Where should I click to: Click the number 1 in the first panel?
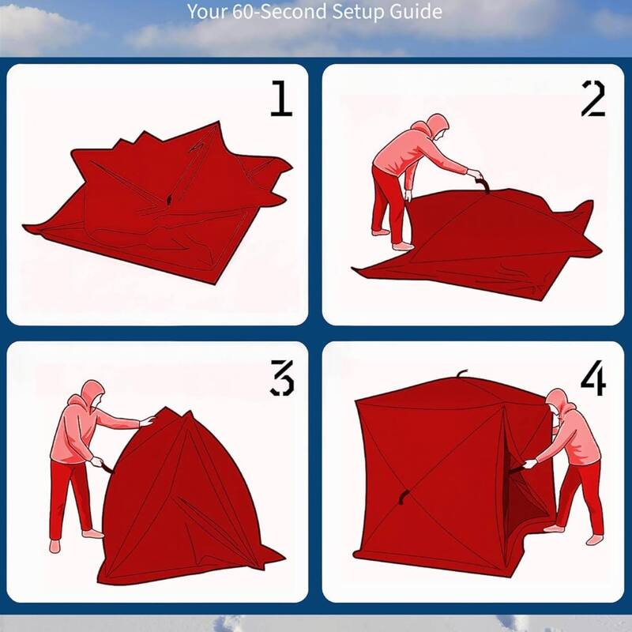point(280,98)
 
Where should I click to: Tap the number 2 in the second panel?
point(592,98)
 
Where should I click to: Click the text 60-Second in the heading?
point(269,13)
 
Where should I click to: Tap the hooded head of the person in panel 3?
point(92,394)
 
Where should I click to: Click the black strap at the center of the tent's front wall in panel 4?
point(404,497)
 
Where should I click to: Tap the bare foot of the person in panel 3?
point(55,545)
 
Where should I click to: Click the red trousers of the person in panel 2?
point(388,201)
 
